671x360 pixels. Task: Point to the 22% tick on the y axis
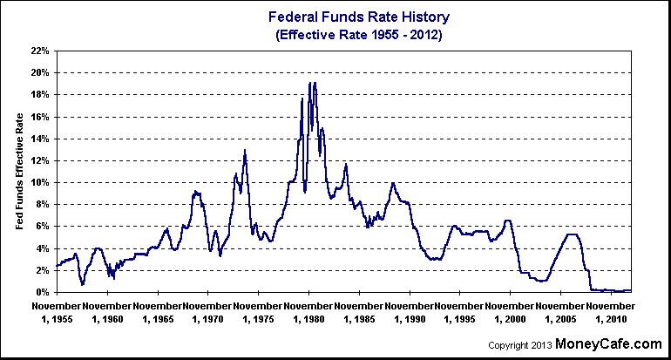click(37, 51)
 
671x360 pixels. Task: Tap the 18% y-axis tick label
click(37, 94)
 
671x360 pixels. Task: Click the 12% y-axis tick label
click(37, 160)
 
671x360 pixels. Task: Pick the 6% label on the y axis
click(40, 226)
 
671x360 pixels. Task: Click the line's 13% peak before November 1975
click(245, 150)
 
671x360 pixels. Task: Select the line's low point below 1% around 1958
click(82, 284)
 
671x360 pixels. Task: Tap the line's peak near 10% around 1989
click(393, 183)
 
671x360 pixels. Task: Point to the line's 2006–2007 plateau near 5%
click(572, 234)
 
